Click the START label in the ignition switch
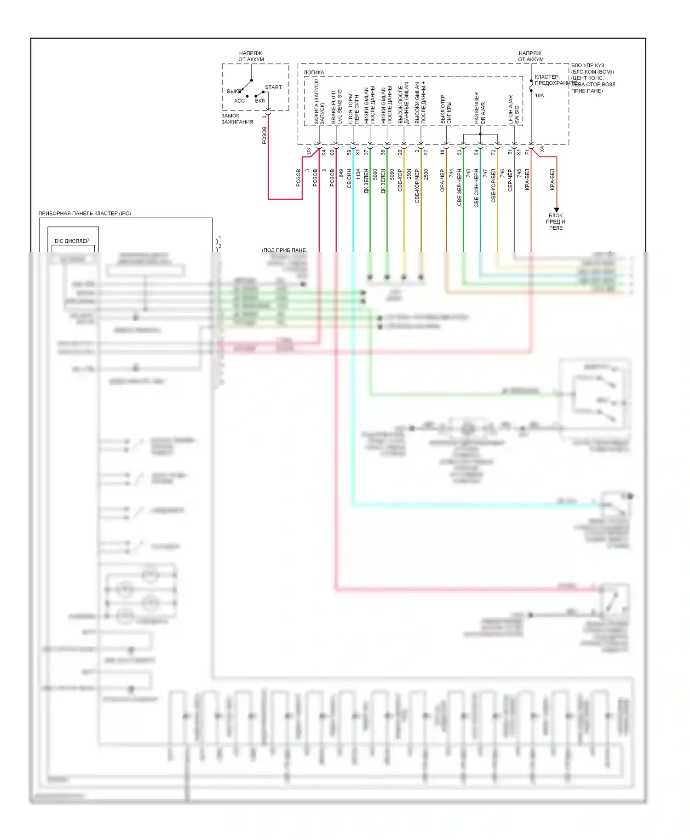coord(273,87)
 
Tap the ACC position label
coord(239,101)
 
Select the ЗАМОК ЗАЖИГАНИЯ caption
coord(237,119)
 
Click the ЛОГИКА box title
coord(314,73)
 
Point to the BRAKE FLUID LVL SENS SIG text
coord(337,107)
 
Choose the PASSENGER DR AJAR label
coord(480,108)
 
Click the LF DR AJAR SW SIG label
coord(513,110)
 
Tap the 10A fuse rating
coord(539,96)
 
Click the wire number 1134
coord(358,175)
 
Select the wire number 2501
coord(409,174)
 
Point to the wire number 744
coord(451,174)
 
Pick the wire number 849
coord(341,174)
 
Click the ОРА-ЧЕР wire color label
coord(443,180)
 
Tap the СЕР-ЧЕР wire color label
coord(510,180)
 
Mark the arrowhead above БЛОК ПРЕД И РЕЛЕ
coord(556,209)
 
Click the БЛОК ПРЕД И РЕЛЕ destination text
coord(556,221)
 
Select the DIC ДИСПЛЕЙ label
coord(72,241)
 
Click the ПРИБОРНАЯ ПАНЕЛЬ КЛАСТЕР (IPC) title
coord(85,214)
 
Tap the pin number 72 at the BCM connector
coord(493,152)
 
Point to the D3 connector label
coord(309,151)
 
